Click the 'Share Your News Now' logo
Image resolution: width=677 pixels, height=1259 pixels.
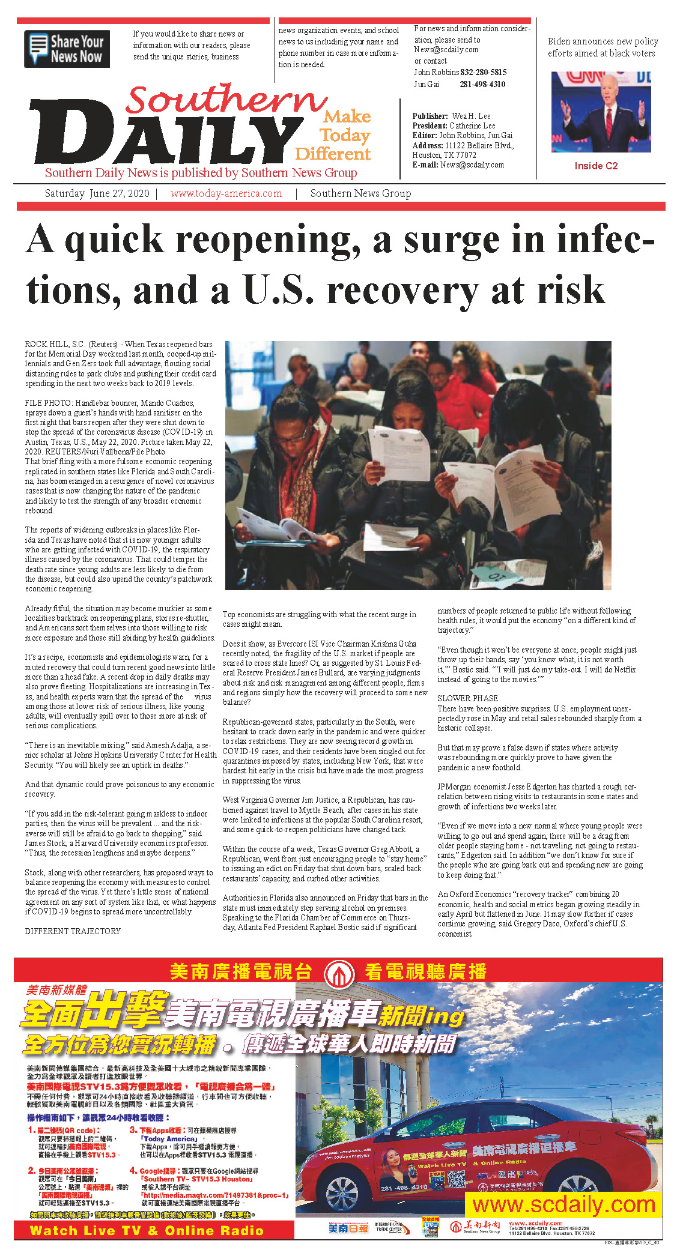click(67, 49)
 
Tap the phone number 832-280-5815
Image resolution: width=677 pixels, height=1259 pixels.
click(483, 72)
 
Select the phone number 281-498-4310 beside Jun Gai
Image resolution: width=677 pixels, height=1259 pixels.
click(482, 84)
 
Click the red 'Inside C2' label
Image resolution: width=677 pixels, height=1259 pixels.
click(596, 166)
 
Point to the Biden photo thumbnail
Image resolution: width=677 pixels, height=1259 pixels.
click(601, 112)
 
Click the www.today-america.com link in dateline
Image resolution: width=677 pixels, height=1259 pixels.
click(226, 193)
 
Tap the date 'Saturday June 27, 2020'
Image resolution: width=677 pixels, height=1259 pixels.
click(97, 193)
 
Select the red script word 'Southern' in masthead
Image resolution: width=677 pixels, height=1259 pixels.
click(225, 100)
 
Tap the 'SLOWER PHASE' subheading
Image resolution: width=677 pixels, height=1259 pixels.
click(467, 698)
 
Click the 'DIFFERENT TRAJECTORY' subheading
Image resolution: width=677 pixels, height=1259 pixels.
click(73, 931)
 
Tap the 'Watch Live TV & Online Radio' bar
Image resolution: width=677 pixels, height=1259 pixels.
click(147, 1230)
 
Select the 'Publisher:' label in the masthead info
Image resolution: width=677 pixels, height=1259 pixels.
click(430, 116)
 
